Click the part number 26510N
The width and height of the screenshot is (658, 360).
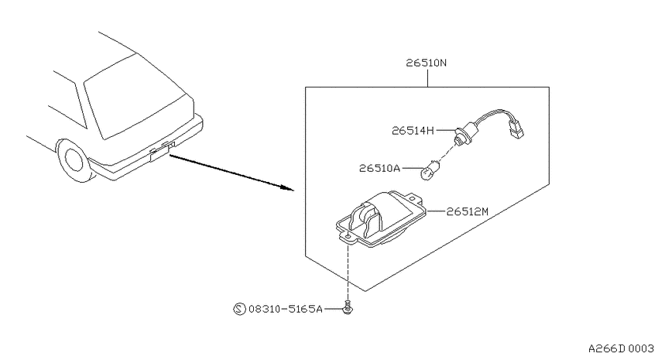coord(426,63)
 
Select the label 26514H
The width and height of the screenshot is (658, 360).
coord(413,131)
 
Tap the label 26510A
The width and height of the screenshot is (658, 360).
coord(379,168)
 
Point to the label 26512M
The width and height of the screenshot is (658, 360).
coord(467,211)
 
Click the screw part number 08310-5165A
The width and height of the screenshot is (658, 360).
coord(286,309)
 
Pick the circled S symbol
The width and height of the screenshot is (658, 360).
coord(239,309)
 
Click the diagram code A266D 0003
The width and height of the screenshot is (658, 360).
coord(621,348)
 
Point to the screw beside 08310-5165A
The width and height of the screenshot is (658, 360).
coord(347,307)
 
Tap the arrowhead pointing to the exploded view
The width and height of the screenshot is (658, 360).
coord(288,187)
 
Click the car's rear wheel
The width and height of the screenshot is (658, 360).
coord(74,160)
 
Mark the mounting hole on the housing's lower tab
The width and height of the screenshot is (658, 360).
coord(348,237)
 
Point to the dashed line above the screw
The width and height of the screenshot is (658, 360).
coord(348,272)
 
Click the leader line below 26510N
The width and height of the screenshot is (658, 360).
coord(427,78)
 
